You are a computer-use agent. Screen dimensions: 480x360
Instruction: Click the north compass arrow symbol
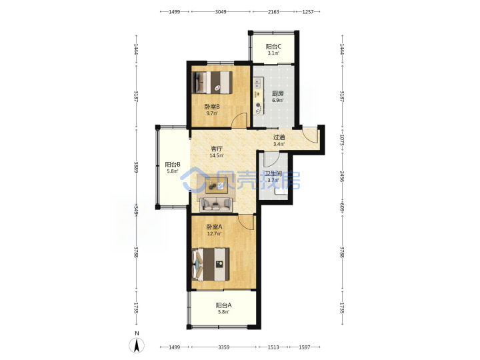click(x=137, y=345)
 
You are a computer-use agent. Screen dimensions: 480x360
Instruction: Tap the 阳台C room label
click(x=273, y=47)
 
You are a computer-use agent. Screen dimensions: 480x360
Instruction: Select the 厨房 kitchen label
click(x=277, y=94)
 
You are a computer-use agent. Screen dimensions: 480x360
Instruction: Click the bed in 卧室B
click(x=212, y=83)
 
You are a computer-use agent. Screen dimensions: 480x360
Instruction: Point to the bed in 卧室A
click(x=211, y=264)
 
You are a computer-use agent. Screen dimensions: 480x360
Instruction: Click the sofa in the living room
click(x=216, y=205)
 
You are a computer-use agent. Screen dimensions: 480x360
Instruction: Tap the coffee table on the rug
click(x=216, y=186)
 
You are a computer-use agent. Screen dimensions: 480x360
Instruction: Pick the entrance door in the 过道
click(x=309, y=135)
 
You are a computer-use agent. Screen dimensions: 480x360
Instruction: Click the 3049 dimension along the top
click(x=221, y=11)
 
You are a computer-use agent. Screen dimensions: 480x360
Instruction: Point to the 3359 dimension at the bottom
click(x=224, y=347)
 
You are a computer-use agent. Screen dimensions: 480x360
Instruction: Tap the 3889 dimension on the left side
click(x=136, y=167)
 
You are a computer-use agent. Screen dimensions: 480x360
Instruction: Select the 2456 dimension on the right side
click(x=342, y=177)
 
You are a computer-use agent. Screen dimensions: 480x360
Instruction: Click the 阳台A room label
click(x=224, y=305)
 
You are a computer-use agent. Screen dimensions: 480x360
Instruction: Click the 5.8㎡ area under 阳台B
click(x=173, y=171)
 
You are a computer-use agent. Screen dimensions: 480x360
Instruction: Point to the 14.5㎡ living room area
click(x=217, y=155)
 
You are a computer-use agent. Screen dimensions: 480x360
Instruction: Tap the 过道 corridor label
click(x=279, y=137)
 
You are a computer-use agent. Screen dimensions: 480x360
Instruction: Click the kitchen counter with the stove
click(x=259, y=97)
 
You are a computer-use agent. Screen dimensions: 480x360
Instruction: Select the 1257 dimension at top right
click(x=308, y=11)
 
